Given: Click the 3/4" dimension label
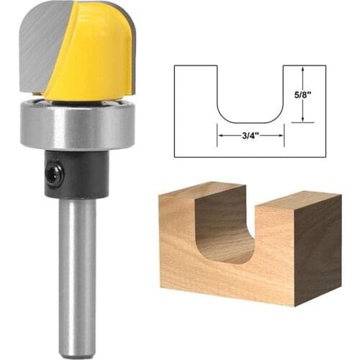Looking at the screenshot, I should click(x=251, y=134).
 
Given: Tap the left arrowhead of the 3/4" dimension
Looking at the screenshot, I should click(x=220, y=134).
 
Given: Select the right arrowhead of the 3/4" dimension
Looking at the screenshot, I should click(x=282, y=134).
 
